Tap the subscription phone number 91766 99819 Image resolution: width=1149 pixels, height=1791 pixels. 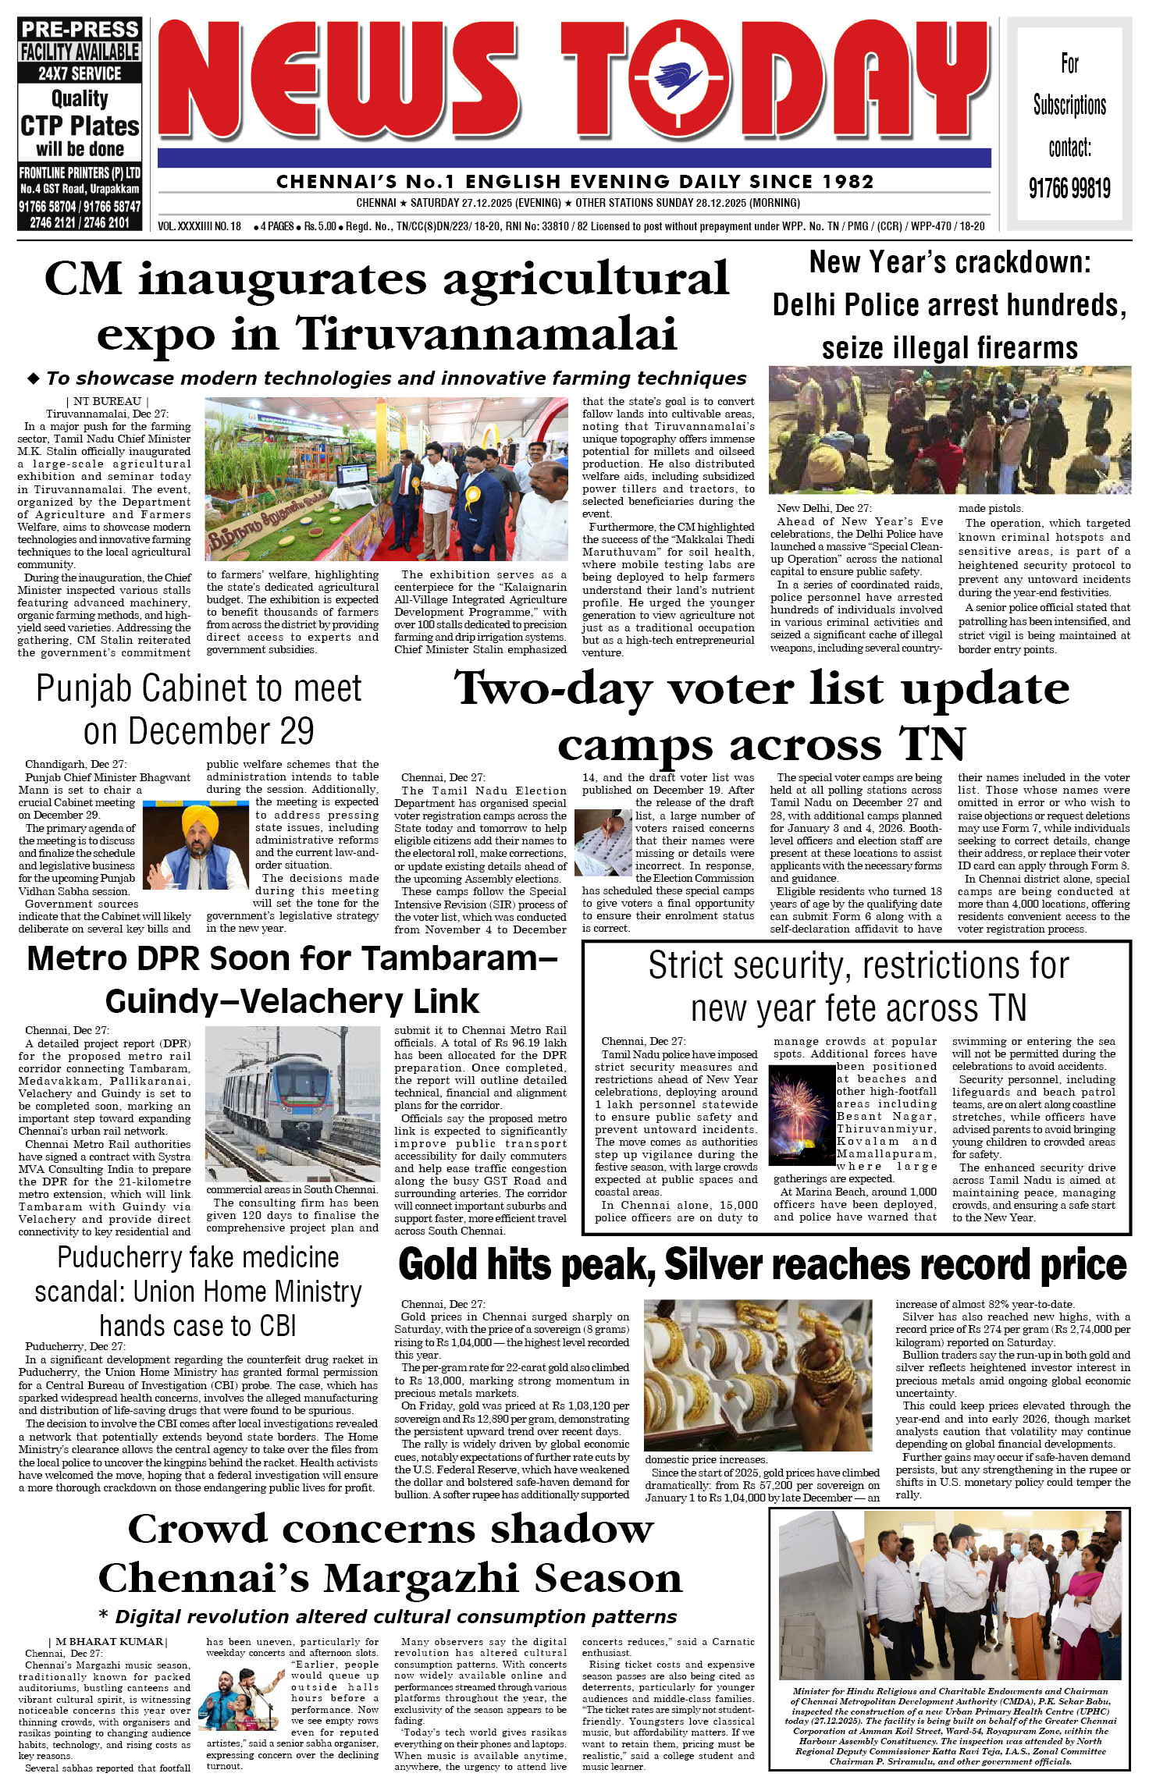click(x=1069, y=188)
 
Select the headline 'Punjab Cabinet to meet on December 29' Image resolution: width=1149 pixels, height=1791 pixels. click(x=198, y=709)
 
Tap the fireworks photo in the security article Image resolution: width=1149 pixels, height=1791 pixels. click(x=802, y=1115)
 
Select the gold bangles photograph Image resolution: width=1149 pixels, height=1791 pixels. click(x=758, y=1374)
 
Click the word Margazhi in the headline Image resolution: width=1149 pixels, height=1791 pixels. click(x=422, y=1578)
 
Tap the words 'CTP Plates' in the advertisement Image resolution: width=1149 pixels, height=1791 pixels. click(x=80, y=126)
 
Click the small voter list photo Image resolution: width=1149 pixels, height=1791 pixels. click(x=603, y=842)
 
